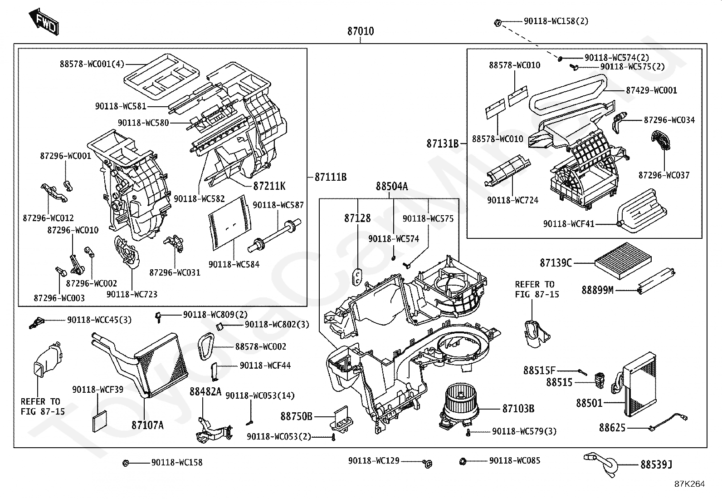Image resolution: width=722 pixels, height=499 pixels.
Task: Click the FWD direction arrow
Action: (x=44, y=22)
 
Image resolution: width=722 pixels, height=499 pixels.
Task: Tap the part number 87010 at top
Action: (x=361, y=31)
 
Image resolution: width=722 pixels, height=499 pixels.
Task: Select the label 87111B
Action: (x=331, y=177)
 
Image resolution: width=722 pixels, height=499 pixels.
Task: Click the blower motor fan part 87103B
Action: (x=459, y=407)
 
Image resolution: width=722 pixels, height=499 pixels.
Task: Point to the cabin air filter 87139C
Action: (x=623, y=261)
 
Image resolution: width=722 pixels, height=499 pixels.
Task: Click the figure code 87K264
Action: (x=689, y=484)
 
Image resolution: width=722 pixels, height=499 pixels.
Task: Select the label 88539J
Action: (x=656, y=465)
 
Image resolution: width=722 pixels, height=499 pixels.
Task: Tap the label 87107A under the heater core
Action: (x=148, y=425)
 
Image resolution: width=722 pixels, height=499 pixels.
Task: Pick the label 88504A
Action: (x=392, y=186)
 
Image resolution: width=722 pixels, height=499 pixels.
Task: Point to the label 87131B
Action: (x=443, y=143)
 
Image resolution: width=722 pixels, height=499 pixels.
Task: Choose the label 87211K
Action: (x=269, y=186)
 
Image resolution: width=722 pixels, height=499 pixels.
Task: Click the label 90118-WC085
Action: (x=515, y=460)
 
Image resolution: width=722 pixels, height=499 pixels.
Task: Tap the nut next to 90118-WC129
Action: (x=428, y=464)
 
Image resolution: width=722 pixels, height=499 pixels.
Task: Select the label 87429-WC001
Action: (x=651, y=90)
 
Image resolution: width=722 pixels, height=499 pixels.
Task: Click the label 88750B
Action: (x=296, y=416)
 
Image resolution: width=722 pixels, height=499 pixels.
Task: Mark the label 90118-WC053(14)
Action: (x=260, y=396)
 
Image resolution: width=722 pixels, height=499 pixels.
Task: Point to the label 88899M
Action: (x=597, y=290)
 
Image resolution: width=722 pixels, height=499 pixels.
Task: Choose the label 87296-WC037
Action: (x=664, y=175)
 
